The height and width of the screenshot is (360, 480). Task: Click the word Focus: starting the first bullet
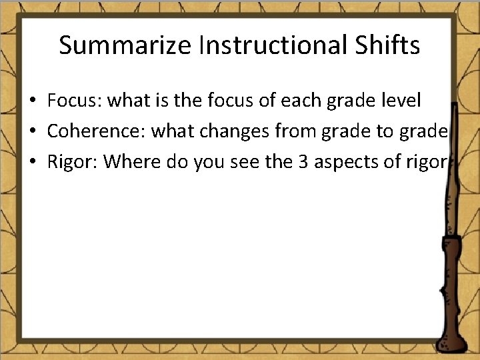point(74,101)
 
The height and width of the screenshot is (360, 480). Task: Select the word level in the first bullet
point(401,101)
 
